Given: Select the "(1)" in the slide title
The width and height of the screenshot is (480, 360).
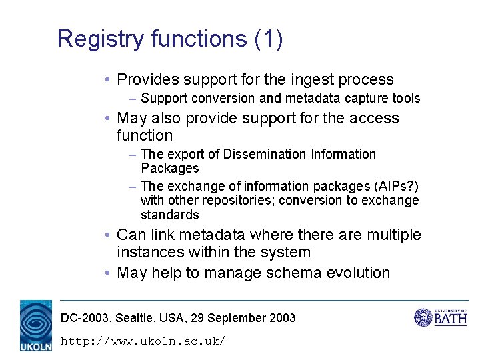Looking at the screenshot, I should pyautogui.click(x=269, y=39).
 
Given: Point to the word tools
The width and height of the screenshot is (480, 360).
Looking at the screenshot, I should pyautogui.click(x=405, y=99).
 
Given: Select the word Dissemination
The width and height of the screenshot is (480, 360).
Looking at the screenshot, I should pyautogui.click(x=265, y=155).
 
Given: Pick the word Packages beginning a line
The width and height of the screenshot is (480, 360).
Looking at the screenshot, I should pyautogui.click(x=169, y=169).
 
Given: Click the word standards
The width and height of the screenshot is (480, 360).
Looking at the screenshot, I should pyautogui.click(x=169, y=215).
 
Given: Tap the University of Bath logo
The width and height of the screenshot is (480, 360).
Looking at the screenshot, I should pyautogui.click(x=441, y=317).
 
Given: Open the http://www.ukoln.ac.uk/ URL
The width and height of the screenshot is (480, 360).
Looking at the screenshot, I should pyautogui.click(x=143, y=341).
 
